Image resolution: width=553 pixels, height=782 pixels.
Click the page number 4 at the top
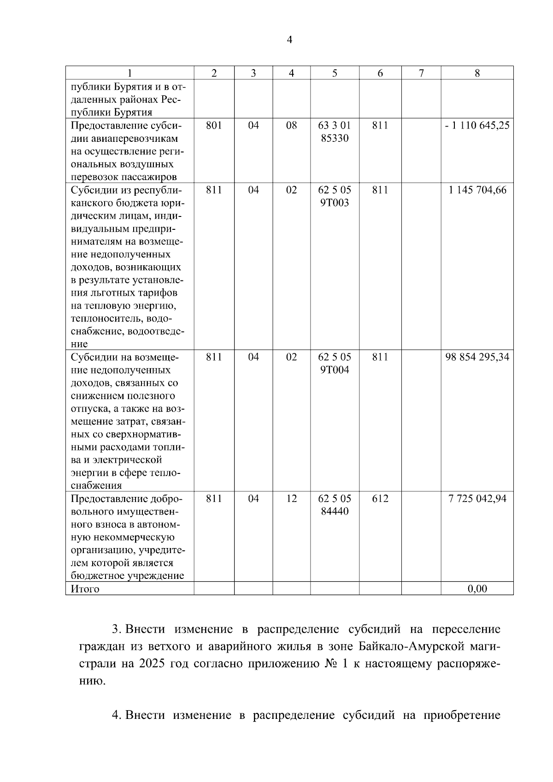[x=289, y=40]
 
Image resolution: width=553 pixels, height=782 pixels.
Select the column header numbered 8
[x=477, y=73]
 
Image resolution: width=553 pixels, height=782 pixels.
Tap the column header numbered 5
[x=335, y=73]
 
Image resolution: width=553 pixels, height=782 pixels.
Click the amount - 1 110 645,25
[x=477, y=125]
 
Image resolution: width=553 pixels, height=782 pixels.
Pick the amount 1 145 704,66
[x=477, y=190]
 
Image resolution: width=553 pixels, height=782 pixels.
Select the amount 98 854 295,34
[x=477, y=357]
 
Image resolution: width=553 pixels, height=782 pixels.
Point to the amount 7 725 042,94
[x=477, y=498]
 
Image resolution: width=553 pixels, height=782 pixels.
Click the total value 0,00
[x=477, y=589]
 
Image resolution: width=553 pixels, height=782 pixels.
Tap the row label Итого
[x=85, y=589]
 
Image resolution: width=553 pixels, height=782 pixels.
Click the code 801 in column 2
[x=214, y=125]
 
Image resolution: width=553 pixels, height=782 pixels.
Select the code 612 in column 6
[x=380, y=498]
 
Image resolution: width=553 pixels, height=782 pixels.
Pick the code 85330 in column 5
[x=335, y=138]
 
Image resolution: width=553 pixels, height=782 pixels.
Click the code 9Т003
[x=335, y=203]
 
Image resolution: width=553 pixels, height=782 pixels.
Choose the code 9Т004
[x=335, y=370]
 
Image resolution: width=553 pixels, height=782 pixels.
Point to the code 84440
[x=335, y=511]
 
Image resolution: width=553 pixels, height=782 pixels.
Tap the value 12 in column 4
[x=291, y=498]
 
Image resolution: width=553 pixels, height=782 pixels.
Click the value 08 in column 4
[x=291, y=125]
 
